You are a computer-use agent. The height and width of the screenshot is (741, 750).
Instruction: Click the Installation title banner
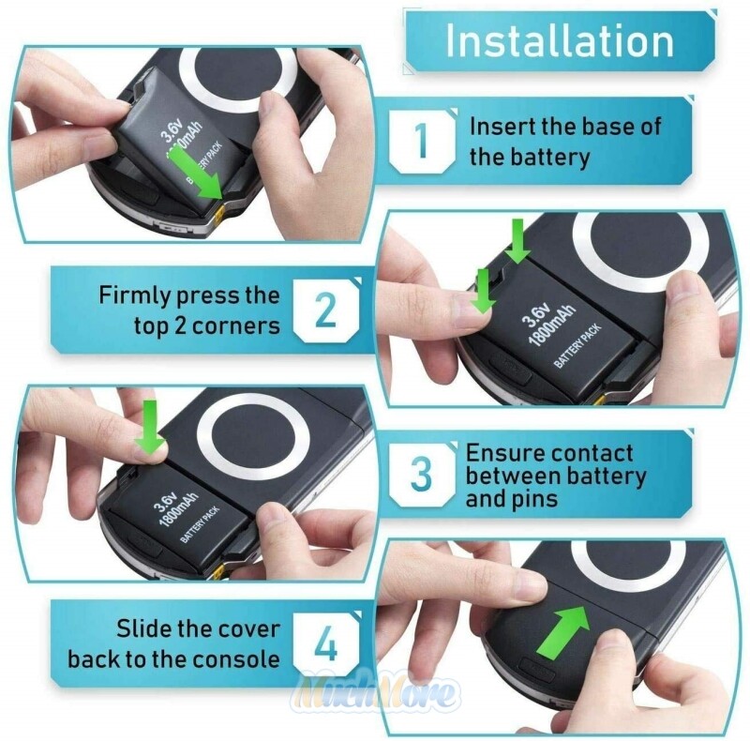click(x=560, y=41)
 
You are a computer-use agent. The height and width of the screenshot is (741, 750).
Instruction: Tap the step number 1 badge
click(x=422, y=141)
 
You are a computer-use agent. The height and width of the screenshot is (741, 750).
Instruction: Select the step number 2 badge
click(x=326, y=310)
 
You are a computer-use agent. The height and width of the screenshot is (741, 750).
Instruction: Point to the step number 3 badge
click(x=422, y=474)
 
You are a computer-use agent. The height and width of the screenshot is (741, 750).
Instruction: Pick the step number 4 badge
click(x=326, y=644)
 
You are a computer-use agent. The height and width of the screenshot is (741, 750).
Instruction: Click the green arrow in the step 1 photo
click(x=197, y=172)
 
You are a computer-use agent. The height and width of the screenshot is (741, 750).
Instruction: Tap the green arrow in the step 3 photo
click(x=150, y=427)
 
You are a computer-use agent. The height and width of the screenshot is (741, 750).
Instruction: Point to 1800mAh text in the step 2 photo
click(x=552, y=325)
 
